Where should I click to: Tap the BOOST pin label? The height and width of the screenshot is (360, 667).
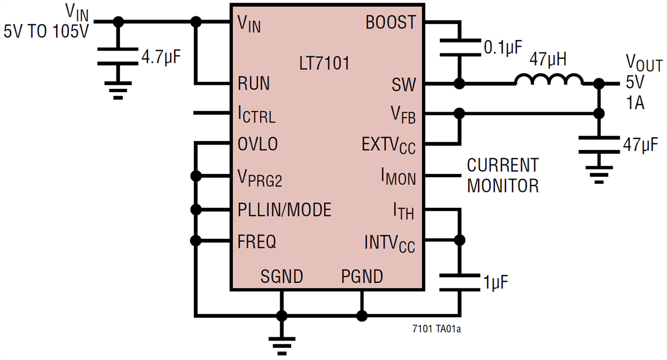(390, 22)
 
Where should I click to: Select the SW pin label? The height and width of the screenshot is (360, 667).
(404, 84)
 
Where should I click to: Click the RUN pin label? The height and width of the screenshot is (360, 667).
(253, 84)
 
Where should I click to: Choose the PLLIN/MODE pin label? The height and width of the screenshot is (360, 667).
(284, 210)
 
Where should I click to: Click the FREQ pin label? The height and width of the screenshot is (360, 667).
(257, 242)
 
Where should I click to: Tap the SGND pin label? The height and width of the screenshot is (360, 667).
(282, 276)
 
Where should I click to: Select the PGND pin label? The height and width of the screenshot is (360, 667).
(362, 276)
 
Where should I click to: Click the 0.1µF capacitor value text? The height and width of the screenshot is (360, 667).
(502, 48)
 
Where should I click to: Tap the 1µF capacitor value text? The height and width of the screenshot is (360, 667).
(496, 282)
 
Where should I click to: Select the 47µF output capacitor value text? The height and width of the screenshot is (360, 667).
(641, 146)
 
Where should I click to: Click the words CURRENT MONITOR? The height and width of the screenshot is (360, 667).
(502, 176)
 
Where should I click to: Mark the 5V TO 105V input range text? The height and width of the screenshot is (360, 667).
(46, 32)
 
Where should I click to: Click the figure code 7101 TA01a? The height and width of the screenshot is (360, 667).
(436, 329)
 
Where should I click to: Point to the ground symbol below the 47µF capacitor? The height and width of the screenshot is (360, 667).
(599, 173)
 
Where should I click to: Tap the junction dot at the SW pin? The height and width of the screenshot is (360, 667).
(459, 84)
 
